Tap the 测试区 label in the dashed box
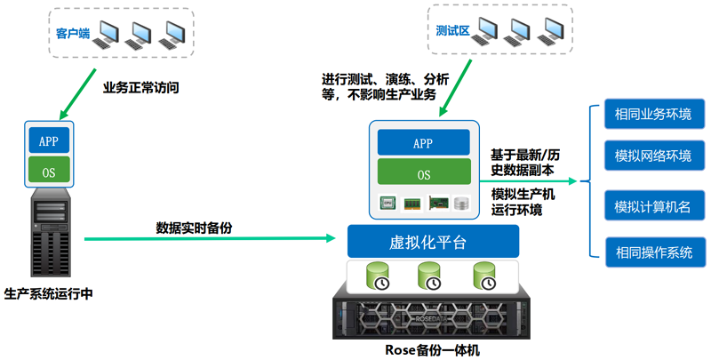click(453, 29)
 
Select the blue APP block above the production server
click(49, 140)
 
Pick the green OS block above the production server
click(49, 172)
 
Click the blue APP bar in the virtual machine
click(423, 142)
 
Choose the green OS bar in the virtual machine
click(423, 173)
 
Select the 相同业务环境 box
click(653, 115)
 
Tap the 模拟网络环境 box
click(653, 156)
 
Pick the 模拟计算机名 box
click(653, 207)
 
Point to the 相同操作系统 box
click(653, 252)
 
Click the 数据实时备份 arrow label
click(196, 226)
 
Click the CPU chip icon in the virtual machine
click(388, 204)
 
